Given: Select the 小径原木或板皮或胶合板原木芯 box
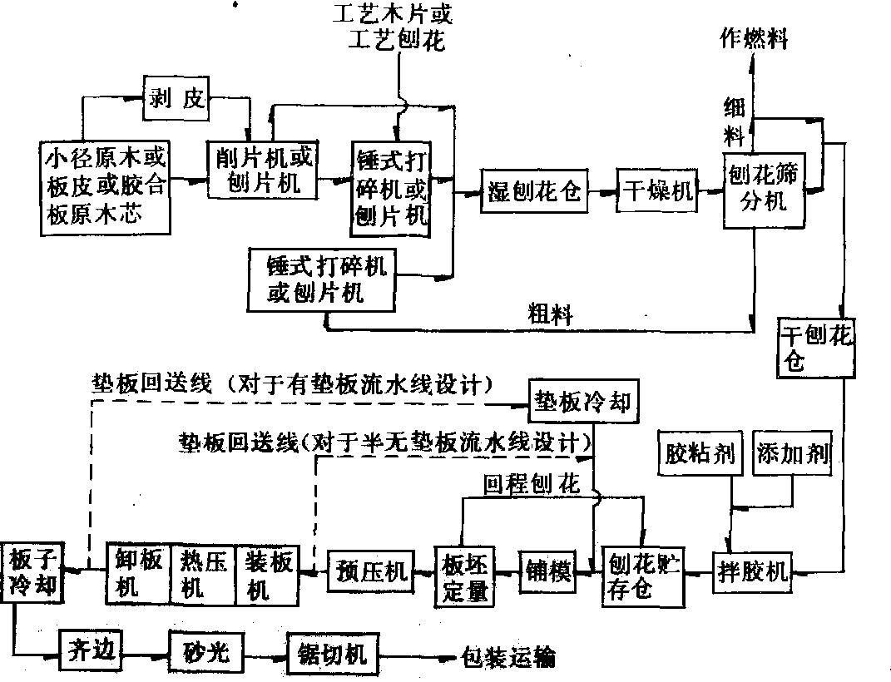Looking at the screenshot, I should coord(105,186).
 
